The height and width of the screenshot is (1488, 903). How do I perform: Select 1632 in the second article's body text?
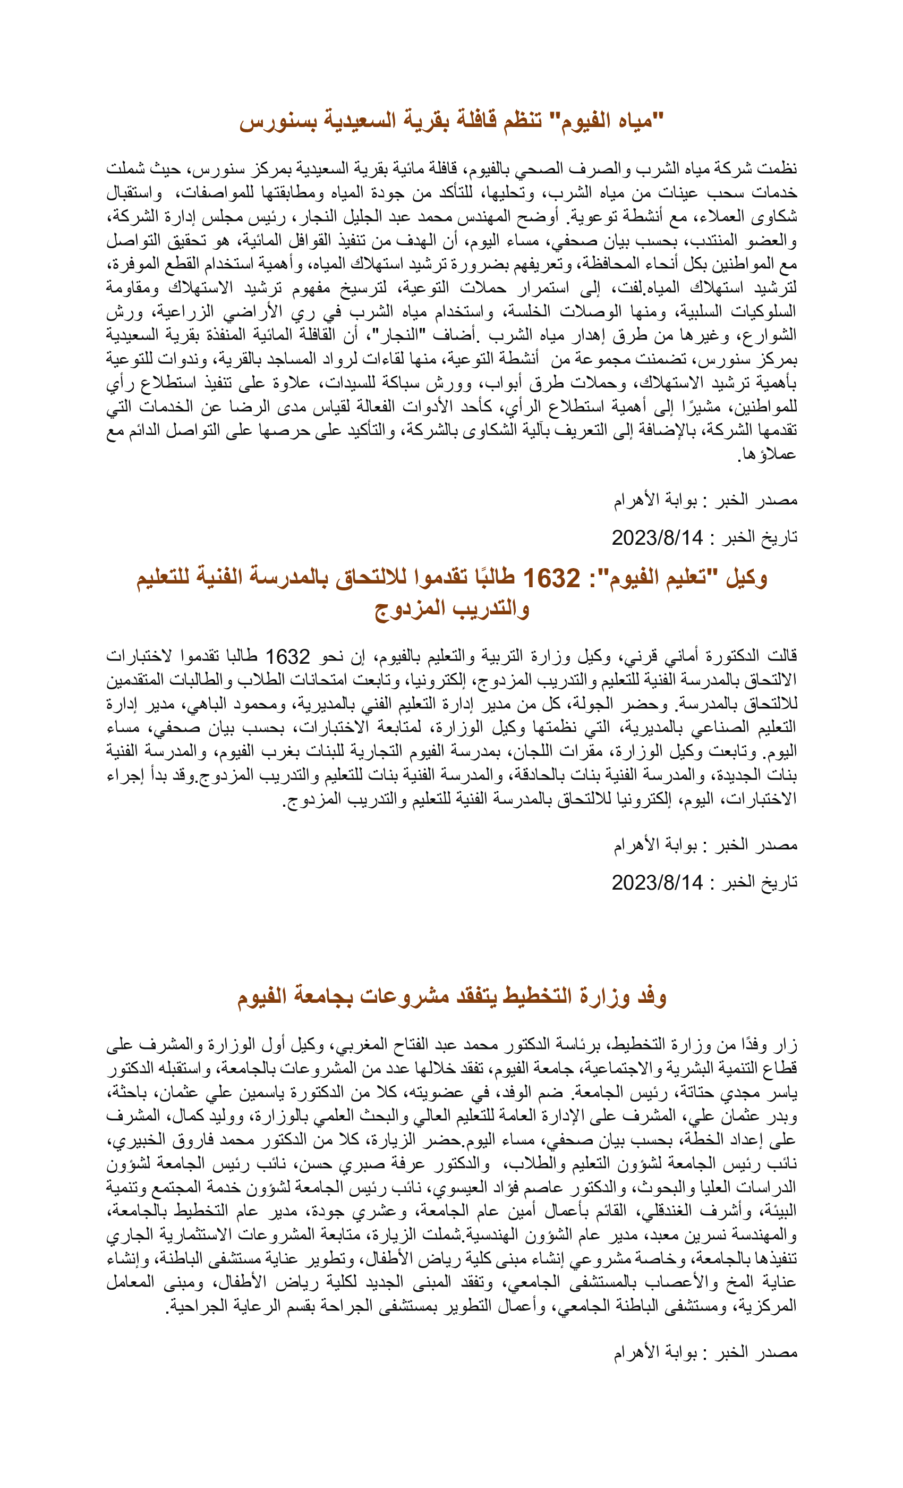tap(288, 656)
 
